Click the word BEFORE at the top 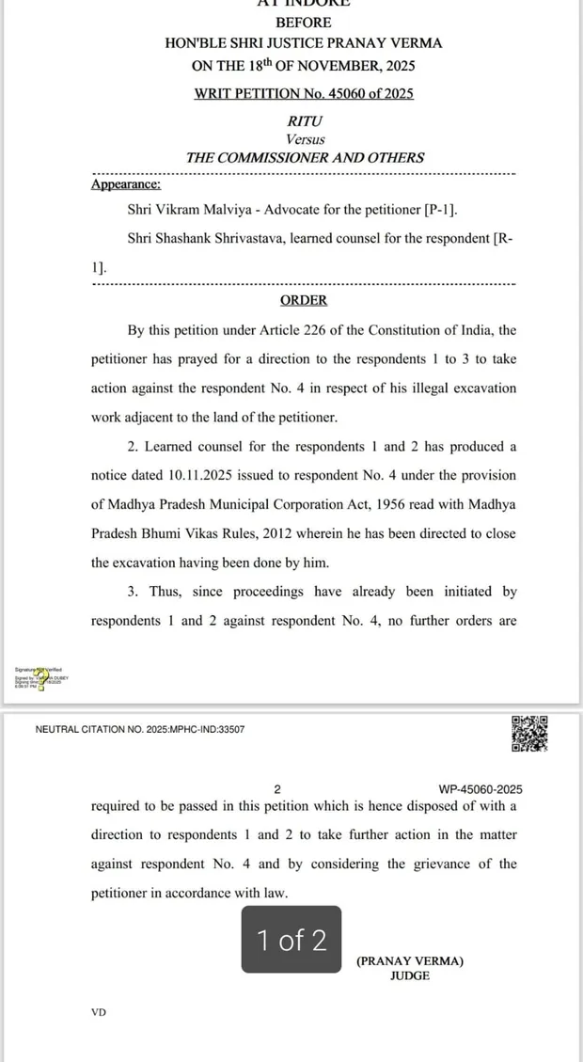(x=303, y=22)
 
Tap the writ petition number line (x=303, y=93)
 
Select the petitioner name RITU (x=303, y=121)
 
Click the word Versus (x=303, y=139)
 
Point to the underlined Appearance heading (x=125, y=184)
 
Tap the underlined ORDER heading (x=304, y=300)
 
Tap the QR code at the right (x=529, y=735)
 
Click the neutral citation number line (x=140, y=729)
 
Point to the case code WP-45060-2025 (x=481, y=789)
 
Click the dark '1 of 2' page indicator (x=291, y=940)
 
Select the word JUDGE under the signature (x=410, y=975)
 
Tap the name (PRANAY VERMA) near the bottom (x=410, y=960)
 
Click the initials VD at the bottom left (x=99, y=1012)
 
